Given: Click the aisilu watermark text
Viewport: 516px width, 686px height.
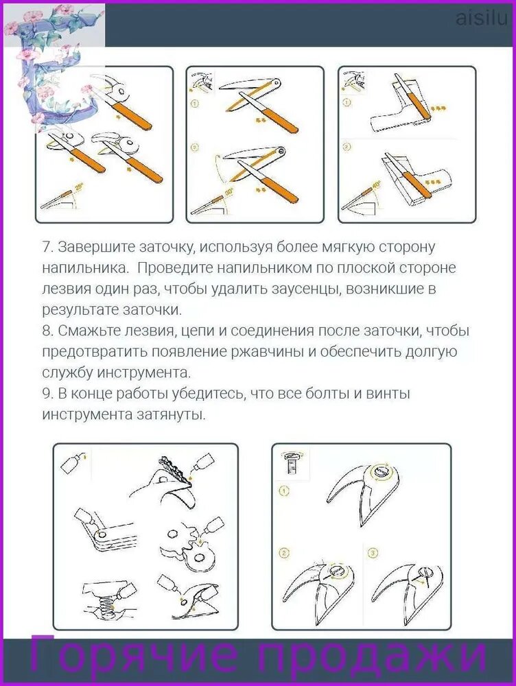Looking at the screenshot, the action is click(x=482, y=19).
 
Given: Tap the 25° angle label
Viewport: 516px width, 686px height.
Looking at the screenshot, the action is click(x=79, y=187).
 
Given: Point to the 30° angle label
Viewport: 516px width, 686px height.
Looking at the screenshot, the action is click(x=229, y=191).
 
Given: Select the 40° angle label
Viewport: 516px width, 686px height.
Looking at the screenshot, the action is click(x=377, y=186).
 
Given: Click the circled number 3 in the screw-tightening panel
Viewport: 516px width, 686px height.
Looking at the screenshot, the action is click(x=373, y=554).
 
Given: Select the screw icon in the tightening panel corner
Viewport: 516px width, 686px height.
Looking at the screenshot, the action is click(x=290, y=463).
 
